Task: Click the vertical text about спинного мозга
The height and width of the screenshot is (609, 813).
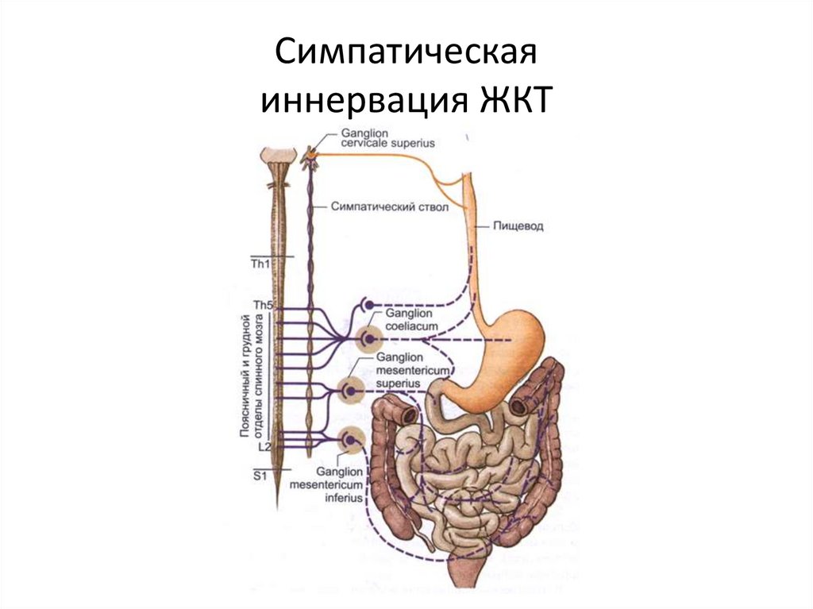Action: coord(252,375)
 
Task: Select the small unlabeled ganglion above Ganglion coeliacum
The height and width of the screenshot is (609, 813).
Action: coord(366,304)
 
